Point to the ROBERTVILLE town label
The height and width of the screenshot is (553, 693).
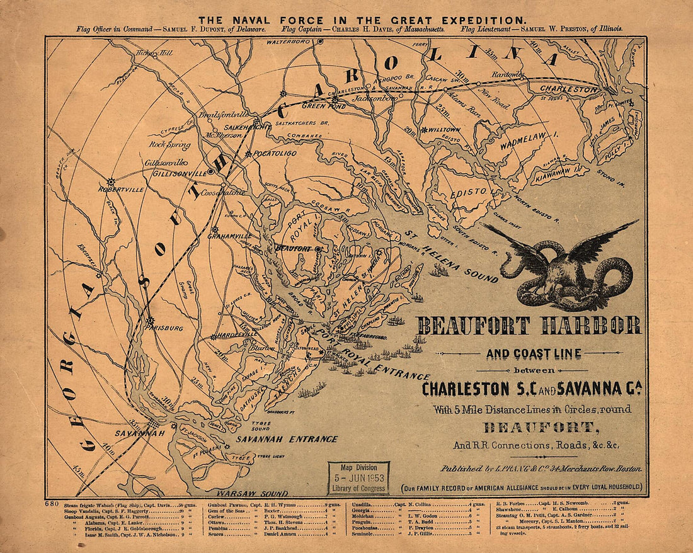[x=121, y=189]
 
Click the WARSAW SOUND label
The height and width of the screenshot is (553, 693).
[x=252, y=493]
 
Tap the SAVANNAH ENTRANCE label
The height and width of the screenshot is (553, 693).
[x=287, y=439]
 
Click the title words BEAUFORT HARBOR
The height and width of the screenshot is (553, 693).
[x=529, y=326]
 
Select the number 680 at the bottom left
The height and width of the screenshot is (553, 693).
[x=54, y=504]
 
